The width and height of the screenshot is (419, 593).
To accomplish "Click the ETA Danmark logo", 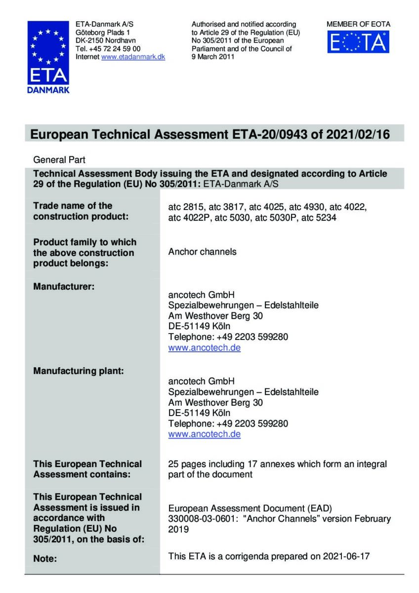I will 48,57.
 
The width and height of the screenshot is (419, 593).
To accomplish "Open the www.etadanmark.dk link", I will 133,57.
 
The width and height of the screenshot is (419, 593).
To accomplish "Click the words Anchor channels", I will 202,252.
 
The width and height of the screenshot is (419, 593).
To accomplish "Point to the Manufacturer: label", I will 64,286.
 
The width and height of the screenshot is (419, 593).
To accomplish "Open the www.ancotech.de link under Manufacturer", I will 204,347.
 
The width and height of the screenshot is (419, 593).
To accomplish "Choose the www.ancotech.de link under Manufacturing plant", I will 204,434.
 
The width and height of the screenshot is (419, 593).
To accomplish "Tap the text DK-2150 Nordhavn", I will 105,40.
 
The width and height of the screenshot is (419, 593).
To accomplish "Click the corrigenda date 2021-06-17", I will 349,556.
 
